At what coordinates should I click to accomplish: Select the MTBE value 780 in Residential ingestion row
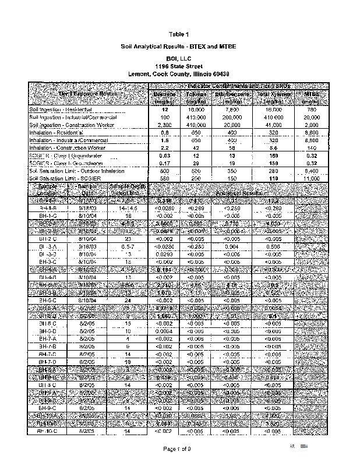tap(310, 110)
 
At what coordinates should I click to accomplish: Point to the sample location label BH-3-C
tap(47, 262)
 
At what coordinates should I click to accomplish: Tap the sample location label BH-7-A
tap(47, 338)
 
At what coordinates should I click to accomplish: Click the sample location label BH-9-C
tap(47, 408)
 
